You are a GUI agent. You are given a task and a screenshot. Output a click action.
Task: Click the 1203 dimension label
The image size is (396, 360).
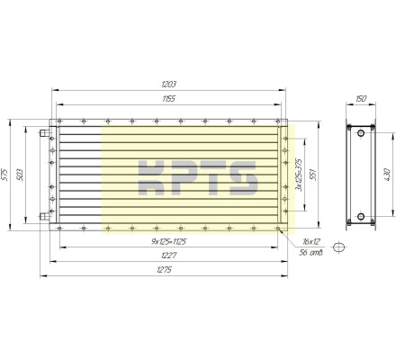[168, 84]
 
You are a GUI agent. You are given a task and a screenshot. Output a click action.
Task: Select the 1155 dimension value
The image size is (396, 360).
[168, 99]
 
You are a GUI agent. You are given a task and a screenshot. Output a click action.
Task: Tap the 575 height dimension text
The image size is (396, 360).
[4, 175]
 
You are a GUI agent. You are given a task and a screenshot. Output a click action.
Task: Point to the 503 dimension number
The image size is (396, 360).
[20, 175]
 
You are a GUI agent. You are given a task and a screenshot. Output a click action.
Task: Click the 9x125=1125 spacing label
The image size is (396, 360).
[169, 241]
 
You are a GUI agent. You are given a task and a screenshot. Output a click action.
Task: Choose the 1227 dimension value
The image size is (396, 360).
[168, 256]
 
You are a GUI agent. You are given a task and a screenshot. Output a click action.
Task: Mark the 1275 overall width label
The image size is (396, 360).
[164, 270]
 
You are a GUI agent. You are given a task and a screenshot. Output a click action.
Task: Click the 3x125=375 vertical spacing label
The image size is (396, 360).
[299, 175]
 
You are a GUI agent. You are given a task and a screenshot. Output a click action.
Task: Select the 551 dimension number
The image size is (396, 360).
[313, 175]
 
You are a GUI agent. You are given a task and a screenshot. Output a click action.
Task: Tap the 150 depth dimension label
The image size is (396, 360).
[361, 99]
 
